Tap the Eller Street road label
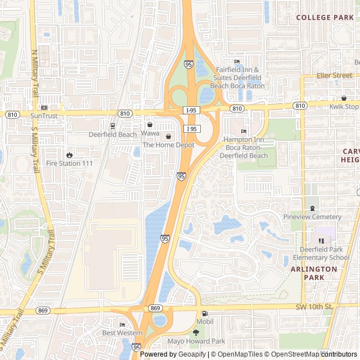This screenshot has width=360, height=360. (334, 75)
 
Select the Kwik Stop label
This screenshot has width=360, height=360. (344, 106)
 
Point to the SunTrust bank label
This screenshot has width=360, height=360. (44, 115)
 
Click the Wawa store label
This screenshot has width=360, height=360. (150, 133)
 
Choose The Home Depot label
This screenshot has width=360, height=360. (168, 145)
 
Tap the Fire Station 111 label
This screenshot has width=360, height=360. (69, 163)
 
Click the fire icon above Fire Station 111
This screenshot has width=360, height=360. (69, 155)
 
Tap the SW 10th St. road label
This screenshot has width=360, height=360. (314, 307)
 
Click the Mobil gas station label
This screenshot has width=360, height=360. (205, 321)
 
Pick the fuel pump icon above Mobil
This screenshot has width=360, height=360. (205, 313)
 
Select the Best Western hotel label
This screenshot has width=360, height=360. (122, 332)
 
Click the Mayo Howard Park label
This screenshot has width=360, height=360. (196, 341)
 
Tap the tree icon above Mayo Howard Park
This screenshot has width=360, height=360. (196, 332)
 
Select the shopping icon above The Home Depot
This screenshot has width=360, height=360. (168, 137)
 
